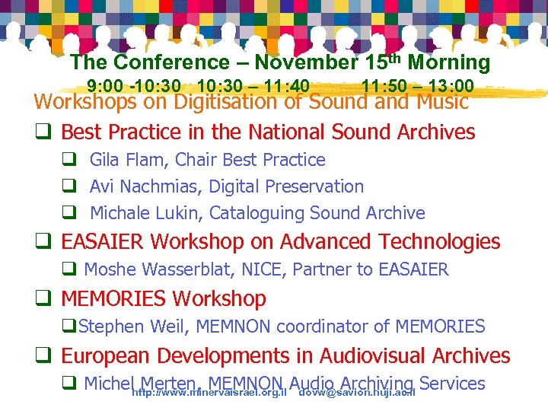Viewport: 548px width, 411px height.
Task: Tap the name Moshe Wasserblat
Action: (158, 269)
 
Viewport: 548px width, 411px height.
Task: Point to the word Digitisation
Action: (228, 101)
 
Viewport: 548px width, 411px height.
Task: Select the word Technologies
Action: (439, 242)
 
